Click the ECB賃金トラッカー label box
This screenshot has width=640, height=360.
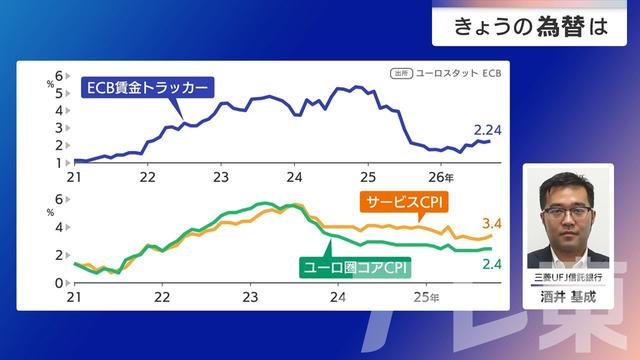[x=148, y=89]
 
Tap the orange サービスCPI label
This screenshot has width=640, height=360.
[x=403, y=203]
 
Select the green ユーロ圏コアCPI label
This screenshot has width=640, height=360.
[x=356, y=267]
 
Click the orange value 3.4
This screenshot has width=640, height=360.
[x=490, y=222]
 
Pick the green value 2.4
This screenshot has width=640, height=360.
[x=490, y=263]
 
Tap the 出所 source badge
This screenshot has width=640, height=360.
[x=400, y=73]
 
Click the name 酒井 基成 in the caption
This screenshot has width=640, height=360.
[x=567, y=297]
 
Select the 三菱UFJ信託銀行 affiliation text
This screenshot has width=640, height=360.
[x=567, y=276]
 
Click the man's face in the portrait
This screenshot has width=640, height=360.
[x=566, y=200]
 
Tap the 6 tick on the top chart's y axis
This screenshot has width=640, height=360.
[x=60, y=75]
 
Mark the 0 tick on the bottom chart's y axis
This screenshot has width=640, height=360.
[x=60, y=284]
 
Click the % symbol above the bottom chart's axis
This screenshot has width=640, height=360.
[x=50, y=212]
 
